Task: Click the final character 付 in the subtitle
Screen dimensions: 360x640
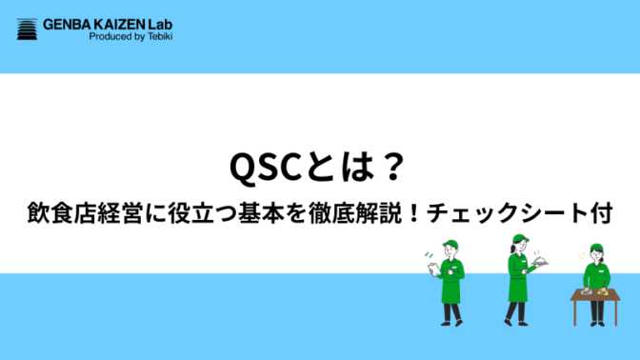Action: pos(599,214)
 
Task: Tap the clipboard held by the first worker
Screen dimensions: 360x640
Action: pos(437,270)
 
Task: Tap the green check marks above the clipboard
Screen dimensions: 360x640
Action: pos(430,255)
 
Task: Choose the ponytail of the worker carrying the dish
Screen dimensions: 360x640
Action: pos(509,250)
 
